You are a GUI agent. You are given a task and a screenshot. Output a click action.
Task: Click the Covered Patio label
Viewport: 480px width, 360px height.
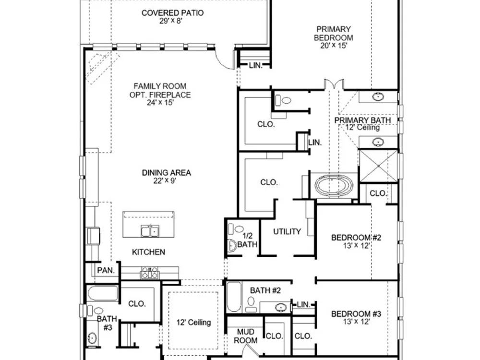pyautogui.click(x=172, y=13)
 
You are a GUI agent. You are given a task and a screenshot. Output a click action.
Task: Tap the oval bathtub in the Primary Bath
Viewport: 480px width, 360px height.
pyautogui.click(x=334, y=186)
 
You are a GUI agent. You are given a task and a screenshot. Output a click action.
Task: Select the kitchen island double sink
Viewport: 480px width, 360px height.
pyautogui.click(x=150, y=230)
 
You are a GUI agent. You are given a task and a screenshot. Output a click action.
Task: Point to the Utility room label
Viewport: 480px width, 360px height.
pyautogui.click(x=287, y=231)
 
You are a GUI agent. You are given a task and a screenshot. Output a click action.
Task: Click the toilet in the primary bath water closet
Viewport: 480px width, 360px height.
pyautogui.click(x=283, y=100)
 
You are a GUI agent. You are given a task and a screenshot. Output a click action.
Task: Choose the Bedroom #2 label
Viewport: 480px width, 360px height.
pyautogui.click(x=356, y=238)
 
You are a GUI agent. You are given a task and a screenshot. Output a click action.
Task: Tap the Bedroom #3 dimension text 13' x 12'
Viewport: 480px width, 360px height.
pyautogui.click(x=356, y=322)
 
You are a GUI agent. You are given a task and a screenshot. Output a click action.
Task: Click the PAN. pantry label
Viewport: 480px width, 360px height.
pyautogui.click(x=106, y=270)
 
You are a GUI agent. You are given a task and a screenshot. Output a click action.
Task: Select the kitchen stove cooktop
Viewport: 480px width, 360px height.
pyautogui.click(x=150, y=273)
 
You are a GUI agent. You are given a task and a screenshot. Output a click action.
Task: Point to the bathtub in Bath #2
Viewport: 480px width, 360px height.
pyautogui.click(x=234, y=297)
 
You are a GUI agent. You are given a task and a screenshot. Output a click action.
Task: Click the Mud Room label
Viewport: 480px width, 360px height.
pyautogui.click(x=246, y=336)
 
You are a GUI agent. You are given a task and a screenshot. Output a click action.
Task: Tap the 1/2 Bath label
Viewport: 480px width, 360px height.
pyautogui.click(x=247, y=240)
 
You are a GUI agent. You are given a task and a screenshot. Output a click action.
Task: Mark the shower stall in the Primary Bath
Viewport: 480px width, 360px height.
pyautogui.click(x=378, y=166)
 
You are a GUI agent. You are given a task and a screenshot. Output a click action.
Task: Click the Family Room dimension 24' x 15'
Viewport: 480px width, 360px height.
pyautogui.click(x=160, y=103)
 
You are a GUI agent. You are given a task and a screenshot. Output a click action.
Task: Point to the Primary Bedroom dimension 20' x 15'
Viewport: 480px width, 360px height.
pyautogui.click(x=334, y=46)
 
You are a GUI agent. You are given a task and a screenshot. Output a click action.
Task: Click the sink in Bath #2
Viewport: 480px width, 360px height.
pyautogui.click(x=281, y=307)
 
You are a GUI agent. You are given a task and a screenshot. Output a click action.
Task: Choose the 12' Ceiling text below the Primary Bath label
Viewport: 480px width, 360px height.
pyautogui.click(x=363, y=127)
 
